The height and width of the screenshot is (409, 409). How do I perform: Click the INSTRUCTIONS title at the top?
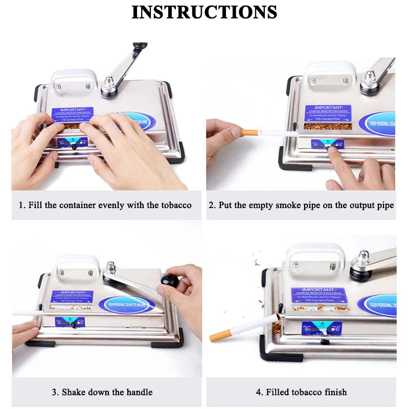pyautogui.click(x=204, y=12)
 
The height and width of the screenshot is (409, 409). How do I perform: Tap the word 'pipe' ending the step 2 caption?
pyautogui.click(x=384, y=205)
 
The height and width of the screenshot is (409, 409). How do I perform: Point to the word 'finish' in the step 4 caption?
pyautogui.click(x=334, y=392)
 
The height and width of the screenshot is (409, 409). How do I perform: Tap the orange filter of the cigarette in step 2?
pyautogui.click(x=250, y=132)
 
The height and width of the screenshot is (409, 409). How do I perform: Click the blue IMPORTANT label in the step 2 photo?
pyautogui.click(x=328, y=113)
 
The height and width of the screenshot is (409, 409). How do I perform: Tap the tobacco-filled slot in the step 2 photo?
pyautogui.click(x=327, y=126)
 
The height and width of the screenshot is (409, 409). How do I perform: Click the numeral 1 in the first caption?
pyautogui.click(x=21, y=205)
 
